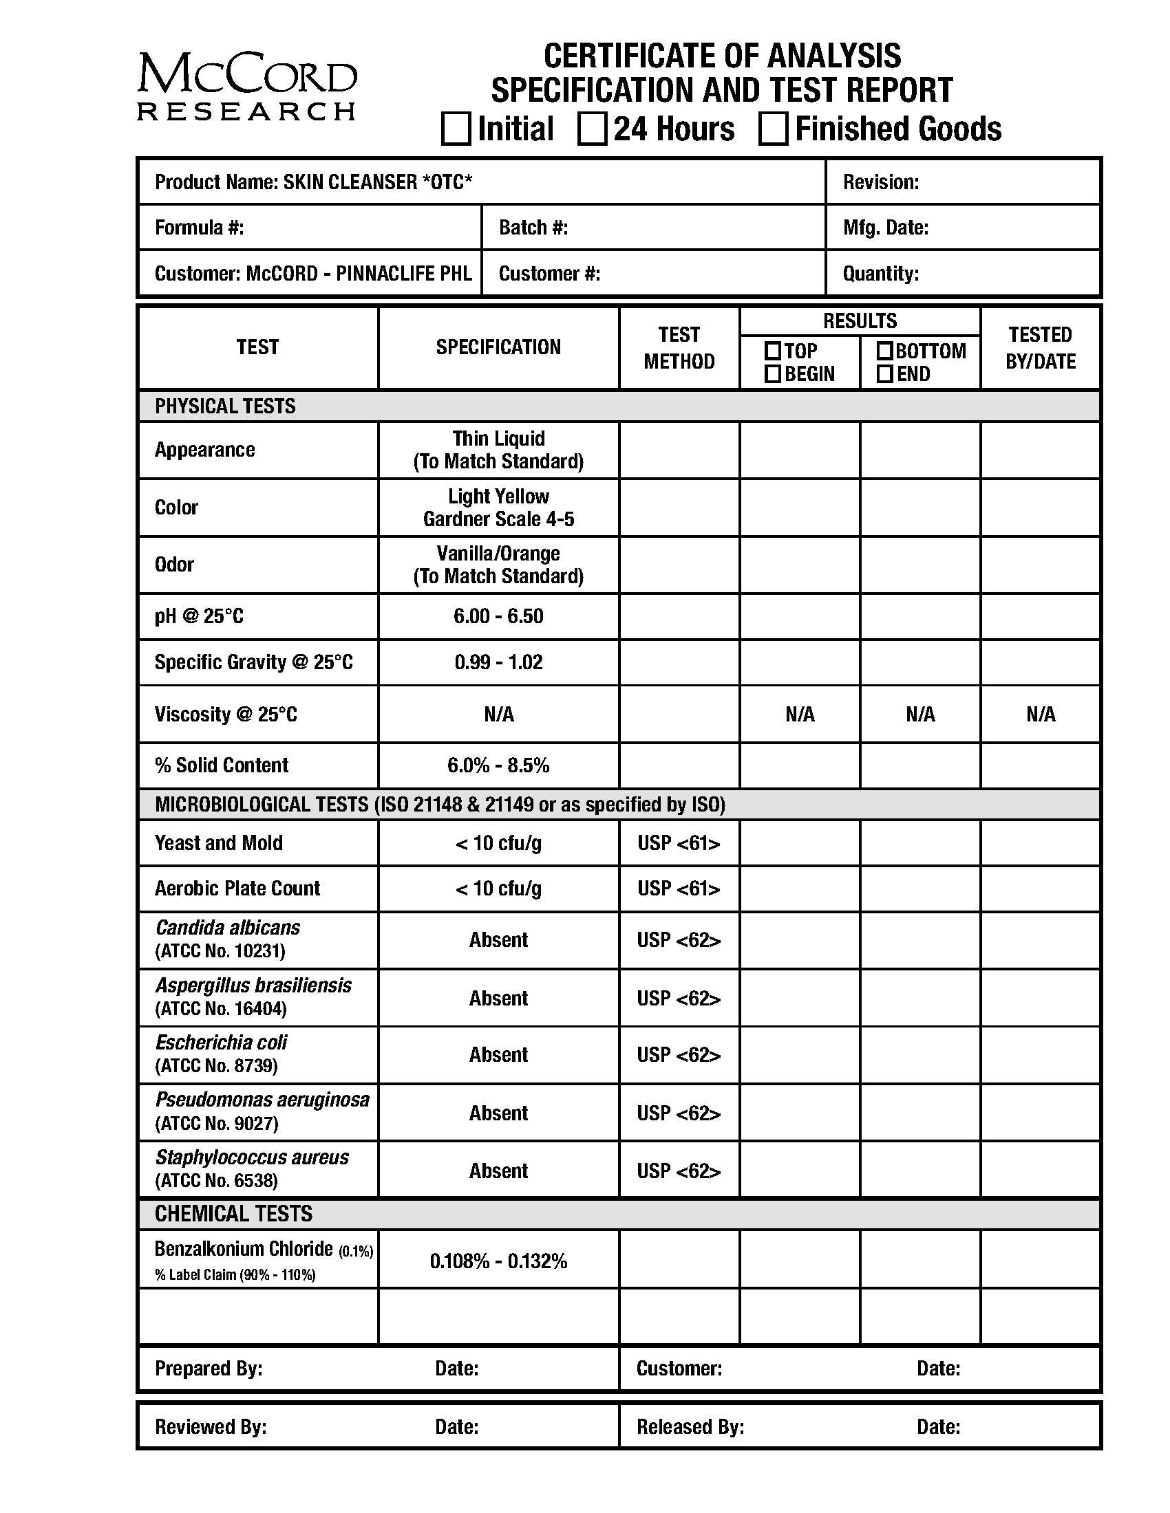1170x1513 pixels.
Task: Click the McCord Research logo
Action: pyautogui.click(x=247, y=87)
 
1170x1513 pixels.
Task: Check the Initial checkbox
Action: pyautogui.click(x=456, y=129)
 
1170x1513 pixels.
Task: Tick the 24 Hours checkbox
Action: pyautogui.click(x=592, y=129)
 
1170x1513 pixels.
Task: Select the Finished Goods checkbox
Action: pyautogui.click(x=773, y=129)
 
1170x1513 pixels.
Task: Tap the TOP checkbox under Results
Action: pyautogui.click(x=773, y=351)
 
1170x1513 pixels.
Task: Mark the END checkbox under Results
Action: pyautogui.click(x=884, y=374)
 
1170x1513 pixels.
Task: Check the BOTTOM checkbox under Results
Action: pyautogui.click(x=884, y=351)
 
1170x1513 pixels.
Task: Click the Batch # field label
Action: pyautogui.click(x=533, y=228)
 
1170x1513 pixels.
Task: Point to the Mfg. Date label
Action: pyautogui.click(x=885, y=228)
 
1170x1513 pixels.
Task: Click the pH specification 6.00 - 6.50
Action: pyautogui.click(x=498, y=616)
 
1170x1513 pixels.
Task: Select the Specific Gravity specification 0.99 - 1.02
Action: pyautogui.click(x=498, y=662)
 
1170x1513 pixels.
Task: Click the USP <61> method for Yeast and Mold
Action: pyautogui.click(x=679, y=843)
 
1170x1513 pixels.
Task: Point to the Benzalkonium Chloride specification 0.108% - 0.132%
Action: pyautogui.click(x=498, y=1261)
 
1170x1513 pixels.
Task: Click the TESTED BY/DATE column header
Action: pyautogui.click(x=1040, y=348)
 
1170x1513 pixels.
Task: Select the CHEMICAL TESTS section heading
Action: pyautogui.click(x=233, y=1214)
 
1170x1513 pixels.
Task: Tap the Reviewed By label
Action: pyautogui.click(x=211, y=1426)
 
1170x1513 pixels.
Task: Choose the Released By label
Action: pyautogui.click(x=690, y=1426)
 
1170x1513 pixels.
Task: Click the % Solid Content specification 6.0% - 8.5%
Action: pyautogui.click(x=498, y=765)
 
